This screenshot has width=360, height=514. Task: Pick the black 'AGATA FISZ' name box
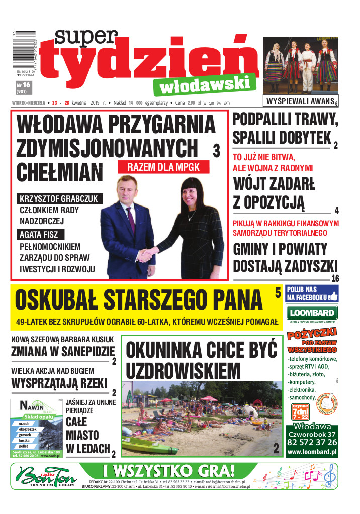[x=38, y=234]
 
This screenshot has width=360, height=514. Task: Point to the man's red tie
[x=131, y=216]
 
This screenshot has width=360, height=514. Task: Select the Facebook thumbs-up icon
[x=333, y=297]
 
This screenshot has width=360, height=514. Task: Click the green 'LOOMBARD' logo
[x=312, y=312]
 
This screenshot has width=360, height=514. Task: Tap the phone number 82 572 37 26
[x=312, y=442]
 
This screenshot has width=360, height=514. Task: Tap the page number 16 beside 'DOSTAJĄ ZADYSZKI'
[x=336, y=279]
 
